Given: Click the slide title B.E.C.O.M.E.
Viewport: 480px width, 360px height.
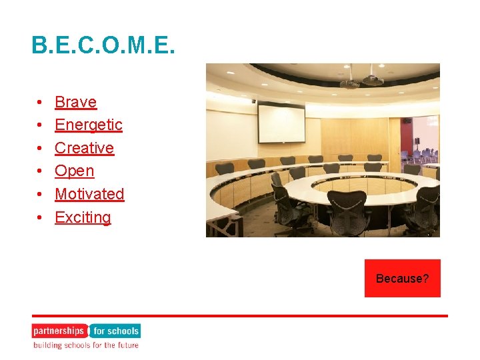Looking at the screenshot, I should [x=103, y=45].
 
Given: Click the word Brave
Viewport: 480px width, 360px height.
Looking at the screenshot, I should [x=75, y=102].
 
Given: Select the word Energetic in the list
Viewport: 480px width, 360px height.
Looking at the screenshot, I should [x=88, y=125].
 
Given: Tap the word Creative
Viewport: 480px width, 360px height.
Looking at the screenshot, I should [x=84, y=148].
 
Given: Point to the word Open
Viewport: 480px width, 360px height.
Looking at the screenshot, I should [x=74, y=171].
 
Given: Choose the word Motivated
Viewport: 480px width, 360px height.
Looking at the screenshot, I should [x=89, y=194].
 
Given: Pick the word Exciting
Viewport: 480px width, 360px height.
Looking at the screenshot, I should [x=83, y=217].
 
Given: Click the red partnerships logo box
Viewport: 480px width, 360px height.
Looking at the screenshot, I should [x=59, y=331].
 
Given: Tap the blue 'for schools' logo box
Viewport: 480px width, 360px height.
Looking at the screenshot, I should [x=115, y=331].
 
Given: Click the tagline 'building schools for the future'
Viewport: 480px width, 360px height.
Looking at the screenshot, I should [x=86, y=345].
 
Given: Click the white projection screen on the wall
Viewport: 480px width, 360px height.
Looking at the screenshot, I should [x=281, y=123].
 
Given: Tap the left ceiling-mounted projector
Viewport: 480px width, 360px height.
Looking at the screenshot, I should [x=349, y=83].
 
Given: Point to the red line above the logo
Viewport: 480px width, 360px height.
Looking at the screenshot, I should [x=240, y=316].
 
